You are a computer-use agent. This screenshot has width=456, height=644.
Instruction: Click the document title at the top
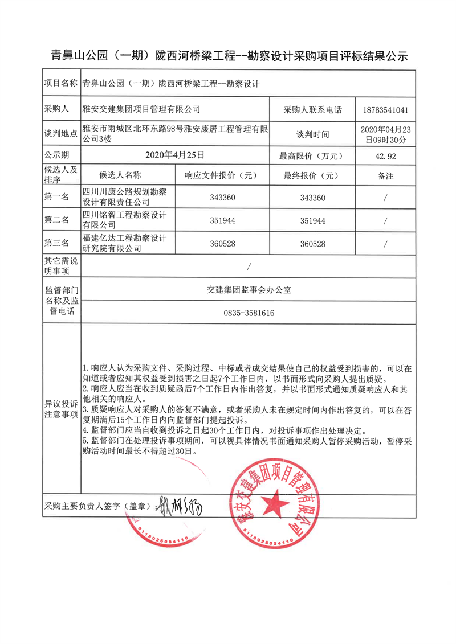pyautogui.click(x=229, y=55)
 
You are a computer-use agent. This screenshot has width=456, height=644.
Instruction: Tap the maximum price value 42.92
pyautogui.click(x=385, y=155)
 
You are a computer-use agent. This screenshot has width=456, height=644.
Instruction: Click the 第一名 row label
pyautogui.click(x=57, y=197)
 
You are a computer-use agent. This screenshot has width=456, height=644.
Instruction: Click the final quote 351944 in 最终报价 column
pyautogui.click(x=312, y=220)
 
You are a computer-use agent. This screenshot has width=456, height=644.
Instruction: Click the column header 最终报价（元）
pyautogui.click(x=312, y=175)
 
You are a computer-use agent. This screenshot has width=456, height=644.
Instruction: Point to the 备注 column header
pyautogui.click(x=385, y=176)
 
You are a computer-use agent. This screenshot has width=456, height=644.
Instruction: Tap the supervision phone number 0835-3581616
pyautogui.click(x=249, y=313)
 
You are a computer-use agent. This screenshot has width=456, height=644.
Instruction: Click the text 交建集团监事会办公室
pyautogui.click(x=249, y=290)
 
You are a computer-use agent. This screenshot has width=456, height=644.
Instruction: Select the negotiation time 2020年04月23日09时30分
pyautogui.click(x=385, y=134)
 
